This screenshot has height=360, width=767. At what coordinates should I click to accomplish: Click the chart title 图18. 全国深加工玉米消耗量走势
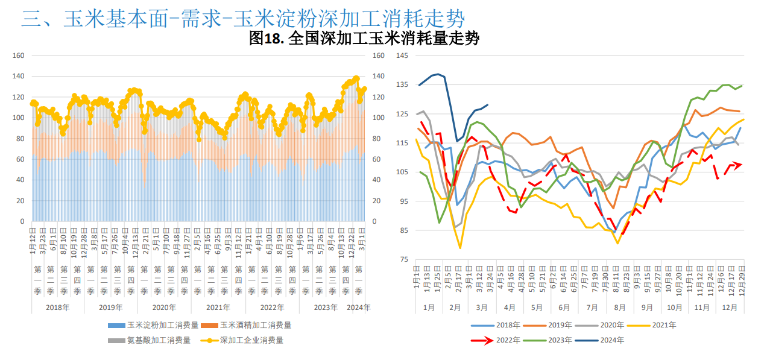pos(364,39)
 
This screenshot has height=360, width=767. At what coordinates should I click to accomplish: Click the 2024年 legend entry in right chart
pos(604,340)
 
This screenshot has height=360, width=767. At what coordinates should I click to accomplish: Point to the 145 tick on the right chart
pos(402,55)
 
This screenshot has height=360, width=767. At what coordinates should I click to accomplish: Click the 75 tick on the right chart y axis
pos(404,259)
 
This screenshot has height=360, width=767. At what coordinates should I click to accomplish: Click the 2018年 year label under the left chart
pos(57,307)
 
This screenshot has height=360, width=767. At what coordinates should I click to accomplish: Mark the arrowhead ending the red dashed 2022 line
pos(739,165)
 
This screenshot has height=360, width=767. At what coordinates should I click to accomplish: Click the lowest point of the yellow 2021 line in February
pos(460,248)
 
